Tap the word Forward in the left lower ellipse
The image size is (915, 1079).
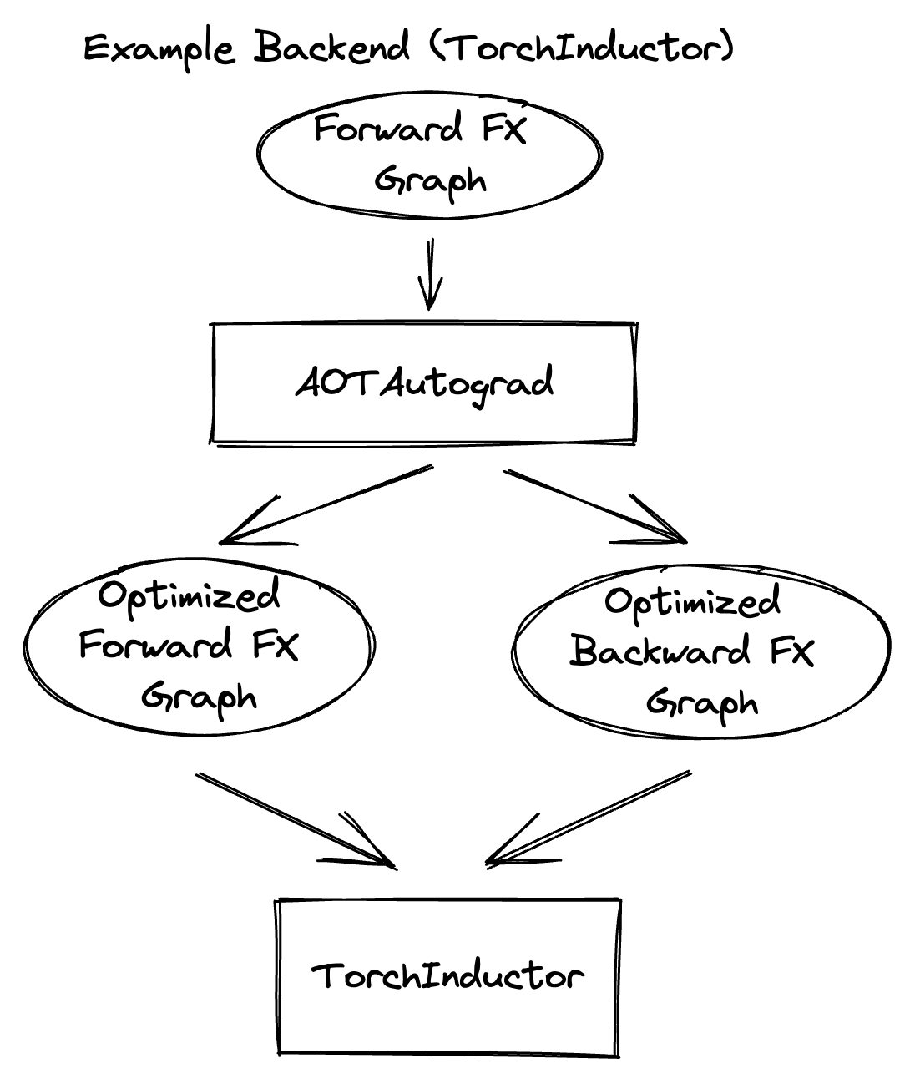[x=156, y=646]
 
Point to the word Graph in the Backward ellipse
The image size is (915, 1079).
[x=702, y=703]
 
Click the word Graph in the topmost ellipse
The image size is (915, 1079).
[x=429, y=180]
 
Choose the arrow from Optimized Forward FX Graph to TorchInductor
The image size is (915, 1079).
[x=296, y=820]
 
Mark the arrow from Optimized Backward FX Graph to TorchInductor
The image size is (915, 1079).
[x=589, y=818]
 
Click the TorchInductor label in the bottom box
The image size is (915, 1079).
[x=447, y=975]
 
